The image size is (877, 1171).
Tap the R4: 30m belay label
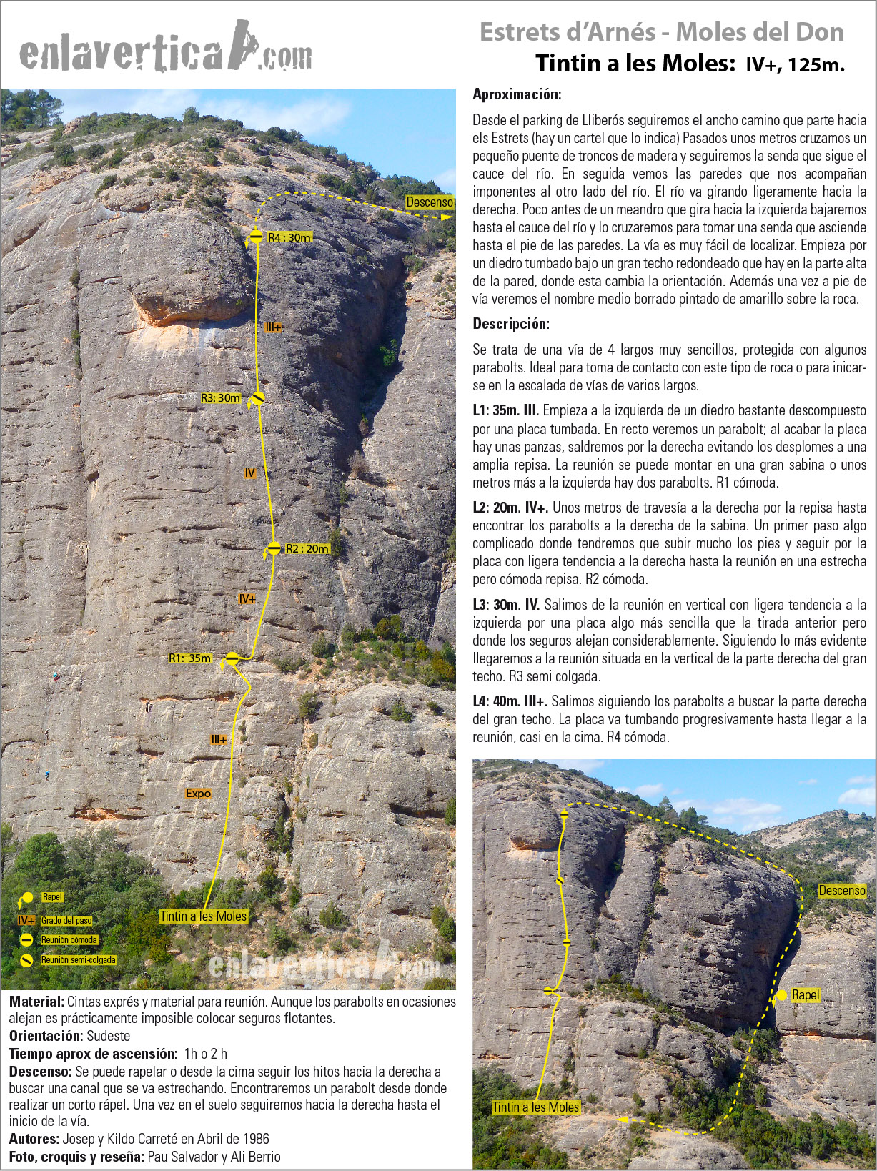289,237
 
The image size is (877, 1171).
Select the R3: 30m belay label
220,398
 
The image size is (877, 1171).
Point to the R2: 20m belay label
307,549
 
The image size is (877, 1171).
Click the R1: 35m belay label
190,658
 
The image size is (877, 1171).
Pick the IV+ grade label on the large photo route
247,598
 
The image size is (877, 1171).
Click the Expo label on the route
198,793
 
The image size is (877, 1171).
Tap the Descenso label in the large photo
430,202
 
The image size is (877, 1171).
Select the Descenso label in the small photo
841,890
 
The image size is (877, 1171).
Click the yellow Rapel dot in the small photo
781,995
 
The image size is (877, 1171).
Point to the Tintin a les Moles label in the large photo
204,916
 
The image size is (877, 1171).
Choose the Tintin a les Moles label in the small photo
535,1107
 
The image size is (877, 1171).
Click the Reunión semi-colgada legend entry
78,960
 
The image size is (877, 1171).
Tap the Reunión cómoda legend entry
69,940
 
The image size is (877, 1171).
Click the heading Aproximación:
517,94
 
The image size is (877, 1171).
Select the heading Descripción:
511,324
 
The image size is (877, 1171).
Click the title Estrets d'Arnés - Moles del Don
661,32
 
